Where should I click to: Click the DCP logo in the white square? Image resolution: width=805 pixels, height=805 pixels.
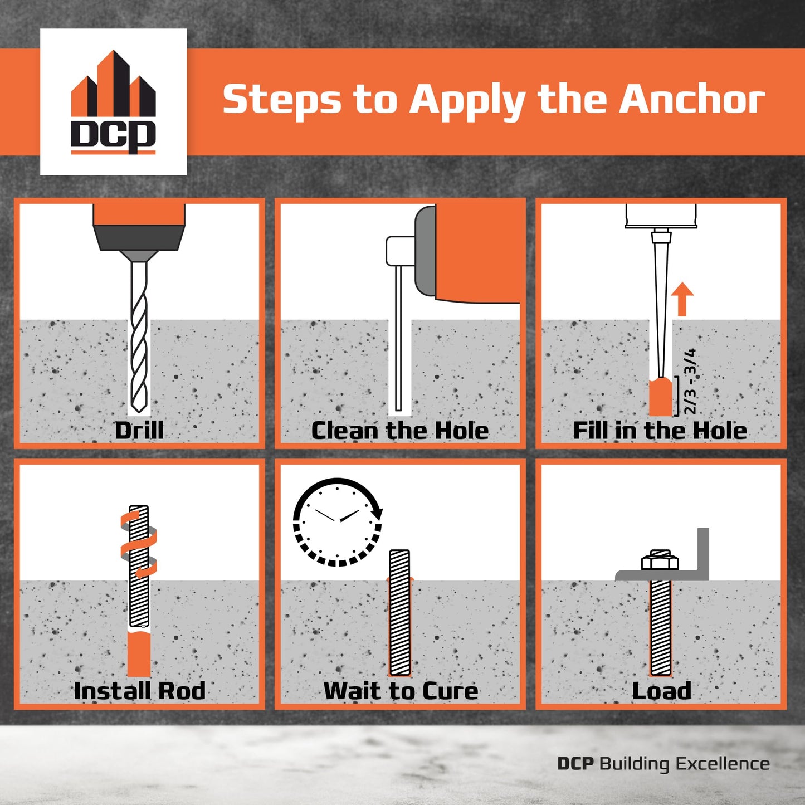click(113, 103)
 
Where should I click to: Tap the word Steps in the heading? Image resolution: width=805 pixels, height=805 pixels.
click(282, 100)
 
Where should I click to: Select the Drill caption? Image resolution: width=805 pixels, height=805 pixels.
click(139, 431)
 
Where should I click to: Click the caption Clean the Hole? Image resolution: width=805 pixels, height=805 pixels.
click(400, 431)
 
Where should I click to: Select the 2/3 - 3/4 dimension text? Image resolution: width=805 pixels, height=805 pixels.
click(690, 382)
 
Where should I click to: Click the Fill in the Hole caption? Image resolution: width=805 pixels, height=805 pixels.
click(660, 431)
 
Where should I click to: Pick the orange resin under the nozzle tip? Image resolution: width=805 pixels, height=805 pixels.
click(661, 397)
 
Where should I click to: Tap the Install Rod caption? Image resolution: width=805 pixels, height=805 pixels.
click(139, 691)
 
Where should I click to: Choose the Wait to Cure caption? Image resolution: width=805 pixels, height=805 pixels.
click(401, 691)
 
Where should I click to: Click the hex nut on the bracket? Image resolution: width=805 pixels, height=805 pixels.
click(660, 560)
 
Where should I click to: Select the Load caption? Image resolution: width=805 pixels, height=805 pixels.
click(661, 691)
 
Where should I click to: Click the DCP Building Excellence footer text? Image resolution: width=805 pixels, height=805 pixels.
click(663, 763)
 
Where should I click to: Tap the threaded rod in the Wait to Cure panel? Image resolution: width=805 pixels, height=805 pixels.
click(400, 613)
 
